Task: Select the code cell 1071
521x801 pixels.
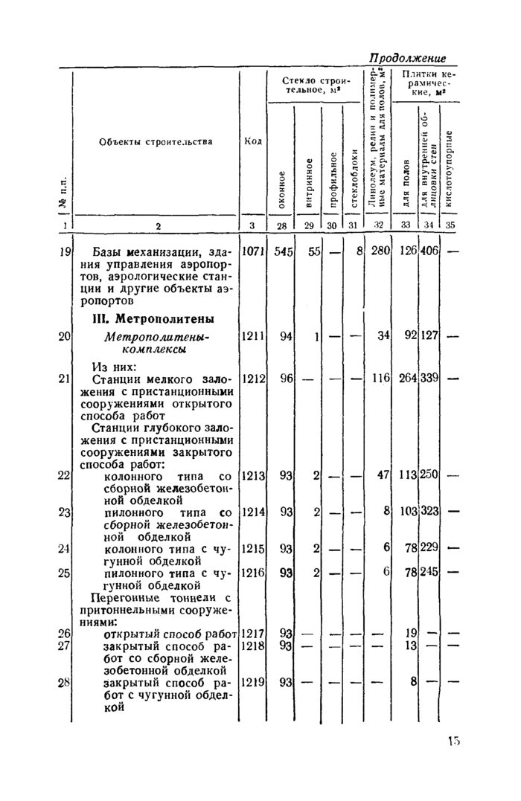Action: (253, 251)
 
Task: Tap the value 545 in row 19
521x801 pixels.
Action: (283, 251)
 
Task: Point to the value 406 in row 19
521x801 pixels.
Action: (430, 251)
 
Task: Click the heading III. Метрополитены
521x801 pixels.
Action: (153, 319)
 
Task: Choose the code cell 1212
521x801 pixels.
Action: (253, 379)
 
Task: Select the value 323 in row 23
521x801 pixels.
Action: (430, 512)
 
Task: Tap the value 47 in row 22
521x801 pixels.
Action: (384, 475)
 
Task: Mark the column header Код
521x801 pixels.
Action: (252, 141)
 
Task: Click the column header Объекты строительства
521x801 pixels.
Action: (156, 141)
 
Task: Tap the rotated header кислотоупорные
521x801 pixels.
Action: (450, 170)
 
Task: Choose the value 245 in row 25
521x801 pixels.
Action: (430, 572)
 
